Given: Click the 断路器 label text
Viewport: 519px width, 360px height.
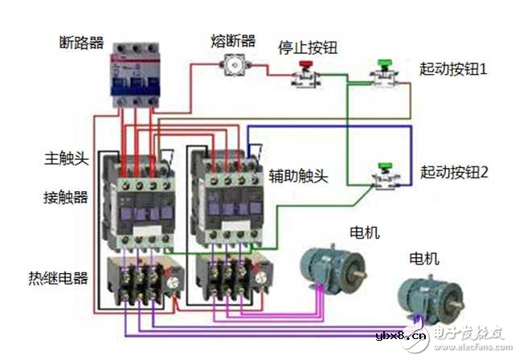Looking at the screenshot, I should [83, 41].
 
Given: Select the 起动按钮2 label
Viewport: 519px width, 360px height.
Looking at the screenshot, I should [454, 171].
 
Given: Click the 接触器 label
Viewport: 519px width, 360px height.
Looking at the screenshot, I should [67, 196].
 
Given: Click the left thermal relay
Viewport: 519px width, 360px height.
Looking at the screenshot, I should [142, 281].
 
